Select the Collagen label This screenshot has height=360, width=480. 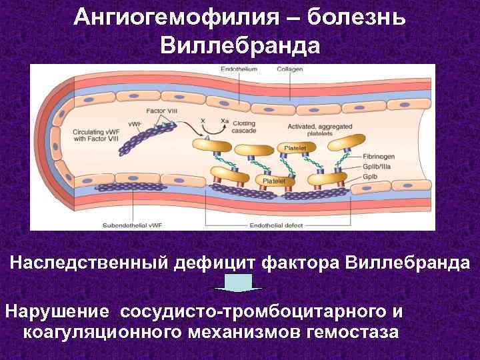coord(291,69)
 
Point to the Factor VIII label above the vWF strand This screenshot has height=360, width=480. coord(161,110)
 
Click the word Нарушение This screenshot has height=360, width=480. coord(57,311)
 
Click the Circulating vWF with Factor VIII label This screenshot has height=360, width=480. coord(93,135)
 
